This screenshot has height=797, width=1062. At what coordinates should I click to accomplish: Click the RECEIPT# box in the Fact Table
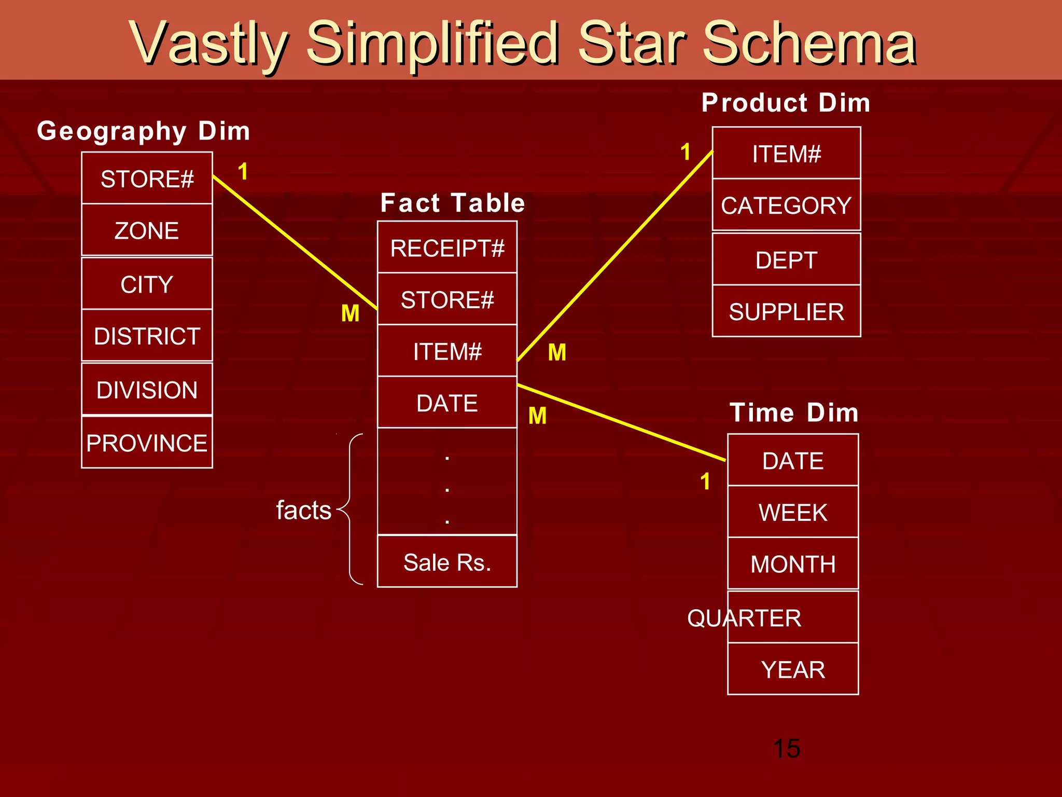tap(447, 248)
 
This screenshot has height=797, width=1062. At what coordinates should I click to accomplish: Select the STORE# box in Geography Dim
tap(147, 178)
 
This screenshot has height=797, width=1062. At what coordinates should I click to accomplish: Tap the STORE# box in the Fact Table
tap(447, 299)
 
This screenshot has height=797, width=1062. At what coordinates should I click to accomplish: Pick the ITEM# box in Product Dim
tap(786, 154)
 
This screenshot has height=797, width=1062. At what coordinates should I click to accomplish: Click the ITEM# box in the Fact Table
tap(447, 351)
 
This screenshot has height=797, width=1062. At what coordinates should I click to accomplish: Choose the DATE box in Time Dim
tap(792, 460)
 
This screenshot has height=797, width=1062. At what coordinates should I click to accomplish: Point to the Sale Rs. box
tap(447, 562)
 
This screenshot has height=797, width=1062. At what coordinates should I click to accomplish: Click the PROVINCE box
tap(147, 443)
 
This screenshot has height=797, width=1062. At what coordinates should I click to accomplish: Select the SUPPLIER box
tap(786, 311)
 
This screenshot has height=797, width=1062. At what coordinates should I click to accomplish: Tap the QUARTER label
tap(744, 618)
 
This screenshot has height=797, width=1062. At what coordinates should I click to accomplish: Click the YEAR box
tap(792, 669)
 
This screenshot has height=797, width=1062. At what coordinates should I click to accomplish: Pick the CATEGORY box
tap(786, 205)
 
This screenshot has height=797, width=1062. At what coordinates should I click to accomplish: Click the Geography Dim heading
tap(144, 131)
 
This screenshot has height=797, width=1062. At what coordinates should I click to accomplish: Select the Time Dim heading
tap(794, 413)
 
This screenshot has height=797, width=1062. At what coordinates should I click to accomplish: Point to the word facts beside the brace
tap(303, 510)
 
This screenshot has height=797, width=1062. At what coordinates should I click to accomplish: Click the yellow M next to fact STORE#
tap(350, 313)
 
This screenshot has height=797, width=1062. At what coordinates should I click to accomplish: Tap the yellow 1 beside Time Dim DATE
tap(705, 482)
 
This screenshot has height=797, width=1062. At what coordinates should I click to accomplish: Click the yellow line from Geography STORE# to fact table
tap(294, 242)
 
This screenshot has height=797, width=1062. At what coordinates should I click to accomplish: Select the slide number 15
tap(786, 748)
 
